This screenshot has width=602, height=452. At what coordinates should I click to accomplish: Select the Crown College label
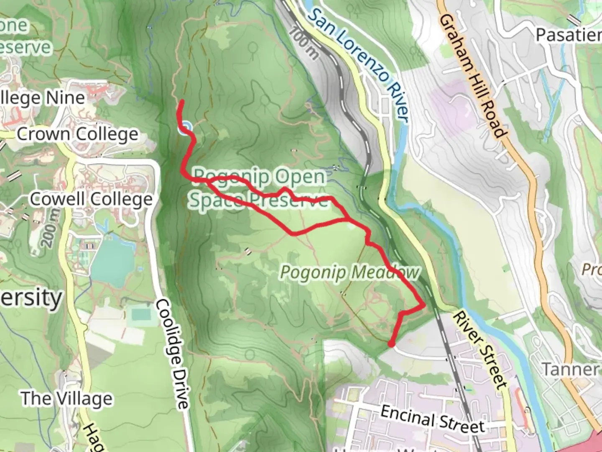click(x=77, y=134)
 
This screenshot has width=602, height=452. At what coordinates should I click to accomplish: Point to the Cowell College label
click(x=91, y=199)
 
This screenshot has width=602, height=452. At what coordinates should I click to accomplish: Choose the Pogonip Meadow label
click(x=349, y=272)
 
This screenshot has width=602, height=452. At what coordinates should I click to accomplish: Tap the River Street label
click(x=480, y=349)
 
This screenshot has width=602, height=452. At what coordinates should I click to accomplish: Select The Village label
click(x=67, y=398)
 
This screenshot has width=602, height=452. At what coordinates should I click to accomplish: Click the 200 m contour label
click(x=51, y=228)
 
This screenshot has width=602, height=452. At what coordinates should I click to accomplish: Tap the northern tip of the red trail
click(x=181, y=102)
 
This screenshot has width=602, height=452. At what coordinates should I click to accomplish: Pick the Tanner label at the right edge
click(x=571, y=369)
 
